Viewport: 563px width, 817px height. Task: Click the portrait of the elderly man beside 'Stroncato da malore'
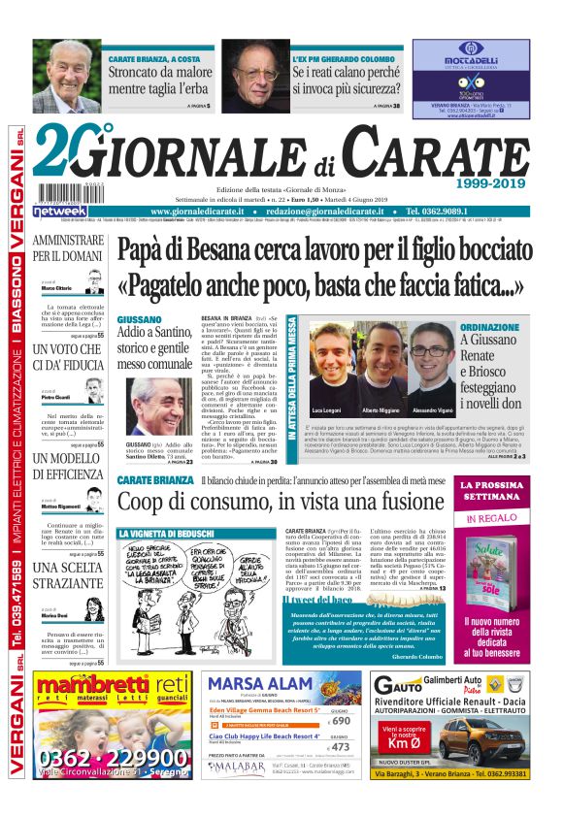[67, 77]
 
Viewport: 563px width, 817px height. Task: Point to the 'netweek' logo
[60, 211]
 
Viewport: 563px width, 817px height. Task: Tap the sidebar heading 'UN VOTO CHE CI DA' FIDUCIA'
[67, 357]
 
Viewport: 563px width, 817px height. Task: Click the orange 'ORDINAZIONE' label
[490, 328]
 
